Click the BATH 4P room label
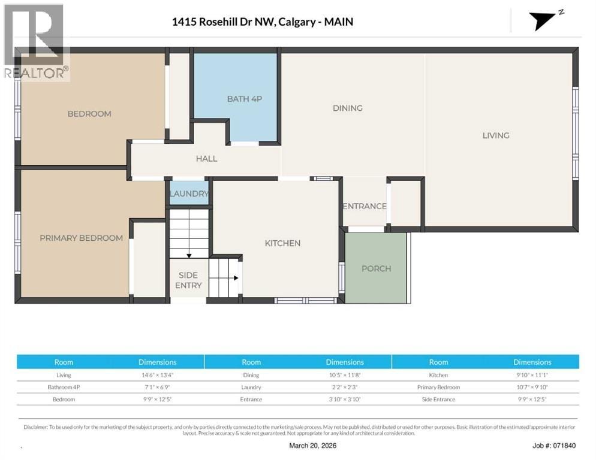coord(245,99)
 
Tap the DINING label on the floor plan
coord(347,108)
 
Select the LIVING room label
coord(496,135)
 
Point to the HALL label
coord(206,159)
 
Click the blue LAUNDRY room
coord(189,193)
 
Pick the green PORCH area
coord(375,268)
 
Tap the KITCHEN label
coord(282,243)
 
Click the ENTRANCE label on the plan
coord(365,206)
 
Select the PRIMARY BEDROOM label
coord(82,238)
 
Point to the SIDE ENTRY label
coord(188,280)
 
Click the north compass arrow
coord(541,21)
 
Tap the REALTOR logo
coord(37,42)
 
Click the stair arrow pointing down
coord(189,256)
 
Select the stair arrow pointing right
coord(236,278)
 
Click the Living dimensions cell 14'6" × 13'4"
coord(157,375)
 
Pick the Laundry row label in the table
coord(251,388)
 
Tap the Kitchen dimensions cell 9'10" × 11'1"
coord(532,375)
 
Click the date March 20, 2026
coord(312,446)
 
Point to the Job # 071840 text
coord(554,446)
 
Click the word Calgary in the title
coord(297,22)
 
